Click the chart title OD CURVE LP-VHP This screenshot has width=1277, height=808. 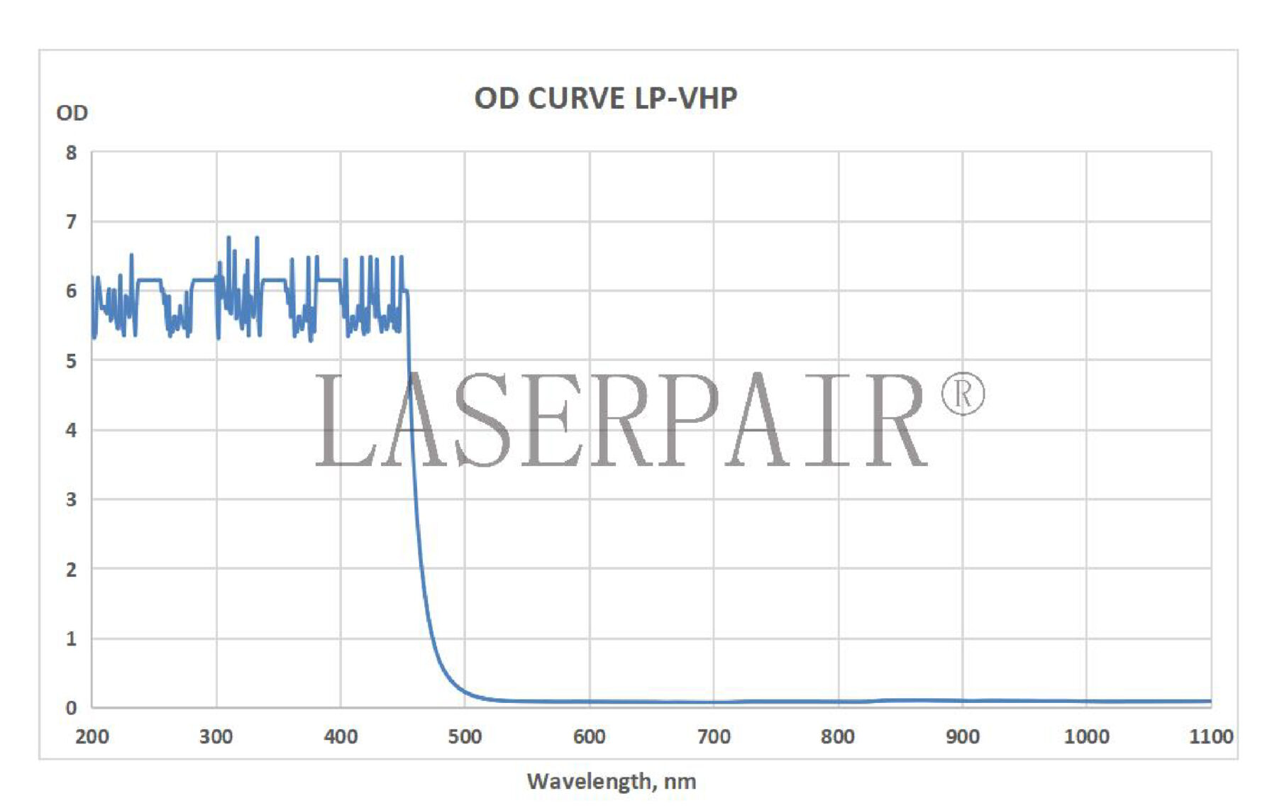(605, 99)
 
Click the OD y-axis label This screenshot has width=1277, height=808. (72, 113)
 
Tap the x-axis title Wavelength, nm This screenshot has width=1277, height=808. (611, 781)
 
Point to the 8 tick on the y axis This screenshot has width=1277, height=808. (71, 153)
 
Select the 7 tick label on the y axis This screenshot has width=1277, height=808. (71, 222)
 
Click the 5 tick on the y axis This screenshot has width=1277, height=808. (71, 361)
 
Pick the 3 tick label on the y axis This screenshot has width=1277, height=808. (71, 499)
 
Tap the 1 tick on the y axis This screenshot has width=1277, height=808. (71, 638)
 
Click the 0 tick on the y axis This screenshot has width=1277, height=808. (71, 707)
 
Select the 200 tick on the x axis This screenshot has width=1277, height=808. (92, 736)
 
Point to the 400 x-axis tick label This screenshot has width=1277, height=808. (341, 736)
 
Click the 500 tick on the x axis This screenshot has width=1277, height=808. (465, 736)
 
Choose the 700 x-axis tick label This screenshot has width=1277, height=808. (714, 736)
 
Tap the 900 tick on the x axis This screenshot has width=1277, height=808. (962, 736)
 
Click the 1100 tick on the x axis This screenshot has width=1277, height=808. (1210, 736)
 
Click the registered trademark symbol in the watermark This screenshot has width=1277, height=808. (963, 394)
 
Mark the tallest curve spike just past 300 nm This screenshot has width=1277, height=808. (228, 238)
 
